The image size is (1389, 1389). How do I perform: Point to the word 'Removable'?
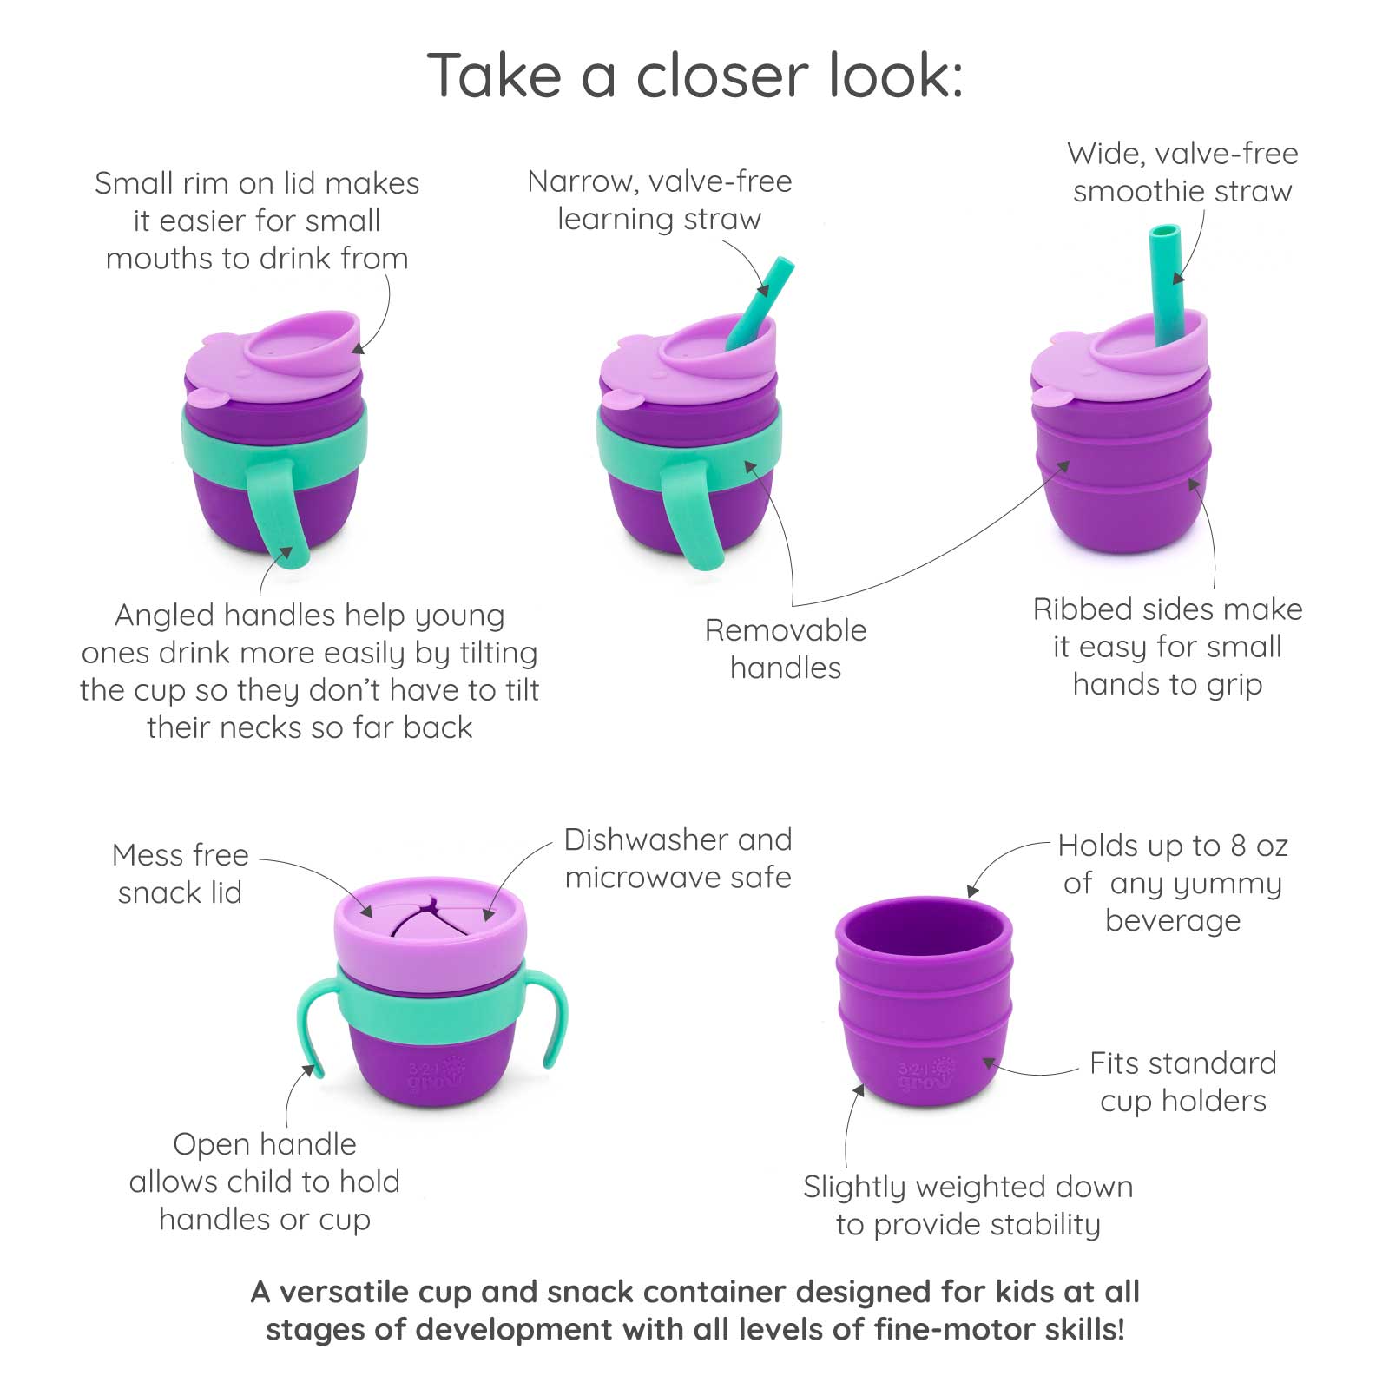click(x=785, y=630)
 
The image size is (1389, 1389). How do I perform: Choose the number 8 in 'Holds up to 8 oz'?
click(x=1239, y=846)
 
